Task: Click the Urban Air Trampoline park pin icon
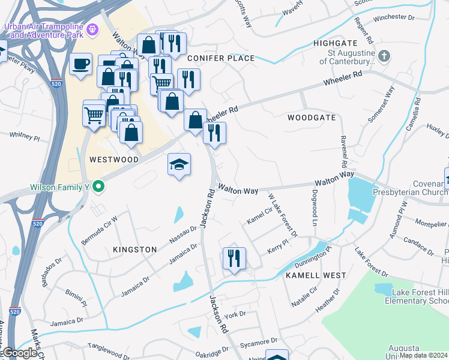click(92, 28)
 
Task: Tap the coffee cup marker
click(80, 64)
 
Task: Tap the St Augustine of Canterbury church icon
click(385, 56)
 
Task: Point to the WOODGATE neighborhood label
click(311, 118)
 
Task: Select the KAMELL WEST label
click(316, 275)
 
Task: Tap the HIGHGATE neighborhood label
click(335, 44)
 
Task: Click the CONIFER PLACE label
click(221, 58)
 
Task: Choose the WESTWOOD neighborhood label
click(113, 160)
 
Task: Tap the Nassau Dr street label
click(183, 234)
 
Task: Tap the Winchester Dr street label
click(394, 18)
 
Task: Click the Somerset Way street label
click(382, 104)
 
